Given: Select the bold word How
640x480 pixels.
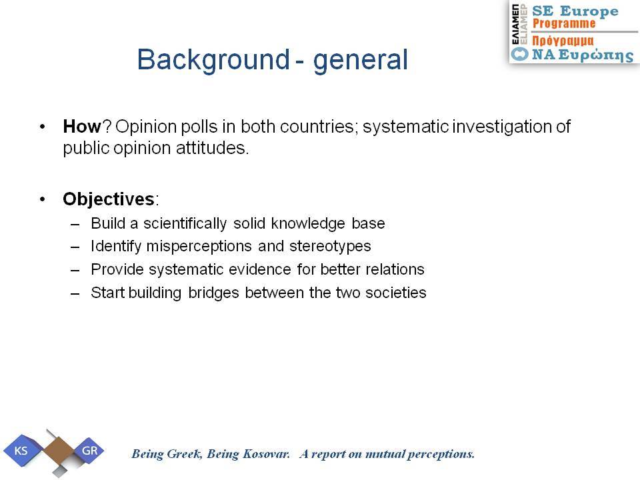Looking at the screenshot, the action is click(x=81, y=127).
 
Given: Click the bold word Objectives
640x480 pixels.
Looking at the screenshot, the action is click(x=109, y=199).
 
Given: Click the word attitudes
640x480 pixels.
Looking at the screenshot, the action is click(x=212, y=148).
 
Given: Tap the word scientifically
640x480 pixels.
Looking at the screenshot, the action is click(x=185, y=224).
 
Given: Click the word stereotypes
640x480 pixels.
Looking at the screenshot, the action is click(x=330, y=247).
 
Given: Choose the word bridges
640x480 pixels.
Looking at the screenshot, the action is click(x=213, y=293).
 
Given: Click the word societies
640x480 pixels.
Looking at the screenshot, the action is click(x=395, y=293).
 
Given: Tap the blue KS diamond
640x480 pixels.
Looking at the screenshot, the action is click(x=21, y=451).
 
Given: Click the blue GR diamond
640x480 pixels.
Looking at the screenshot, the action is click(x=89, y=451).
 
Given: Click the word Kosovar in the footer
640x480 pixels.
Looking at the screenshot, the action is click(x=266, y=454).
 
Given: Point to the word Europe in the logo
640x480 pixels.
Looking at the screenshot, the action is click(x=589, y=11).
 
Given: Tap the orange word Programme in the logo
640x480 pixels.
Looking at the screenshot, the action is click(x=564, y=24).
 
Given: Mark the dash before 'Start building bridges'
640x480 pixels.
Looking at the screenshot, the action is click(x=75, y=293).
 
